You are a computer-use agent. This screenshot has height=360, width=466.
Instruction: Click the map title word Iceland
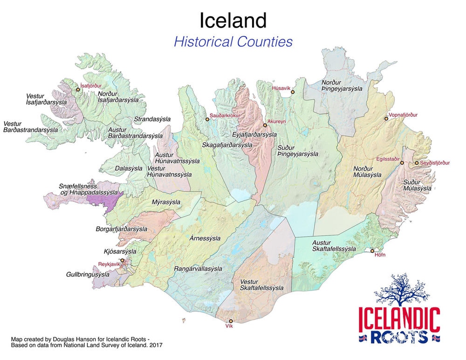(x=233, y=21)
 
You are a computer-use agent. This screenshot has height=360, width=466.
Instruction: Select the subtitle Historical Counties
(x=233, y=42)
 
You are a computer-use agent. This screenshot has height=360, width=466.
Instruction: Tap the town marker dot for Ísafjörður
(x=78, y=90)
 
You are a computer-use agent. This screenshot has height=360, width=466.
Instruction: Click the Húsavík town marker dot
(x=293, y=92)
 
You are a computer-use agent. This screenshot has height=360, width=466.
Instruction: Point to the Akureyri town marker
(x=265, y=125)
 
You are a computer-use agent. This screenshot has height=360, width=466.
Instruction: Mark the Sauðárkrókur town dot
(x=207, y=119)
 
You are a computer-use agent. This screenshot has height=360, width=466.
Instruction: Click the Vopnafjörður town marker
(x=386, y=119)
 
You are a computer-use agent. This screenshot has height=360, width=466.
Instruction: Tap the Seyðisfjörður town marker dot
(x=417, y=163)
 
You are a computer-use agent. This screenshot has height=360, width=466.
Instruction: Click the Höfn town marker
(x=372, y=250)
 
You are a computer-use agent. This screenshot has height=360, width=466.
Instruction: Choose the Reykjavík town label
(x=109, y=264)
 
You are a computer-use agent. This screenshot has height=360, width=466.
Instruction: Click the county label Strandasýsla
(x=152, y=119)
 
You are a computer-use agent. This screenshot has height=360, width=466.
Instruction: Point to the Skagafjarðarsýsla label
(x=227, y=145)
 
